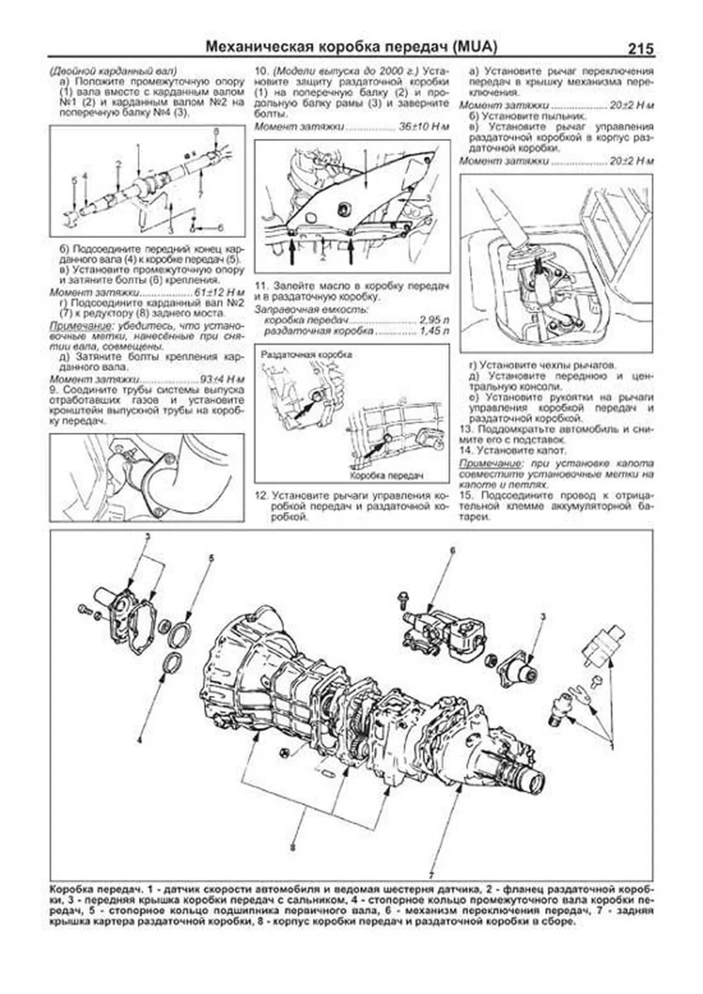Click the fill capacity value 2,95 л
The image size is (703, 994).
pyautogui.click(x=434, y=321)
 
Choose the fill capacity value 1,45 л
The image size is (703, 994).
pyautogui.click(x=434, y=332)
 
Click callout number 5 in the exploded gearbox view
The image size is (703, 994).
pyautogui.click(x=211, y=558)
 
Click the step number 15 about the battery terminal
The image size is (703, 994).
pyautogui.click(x=465, y=496)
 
